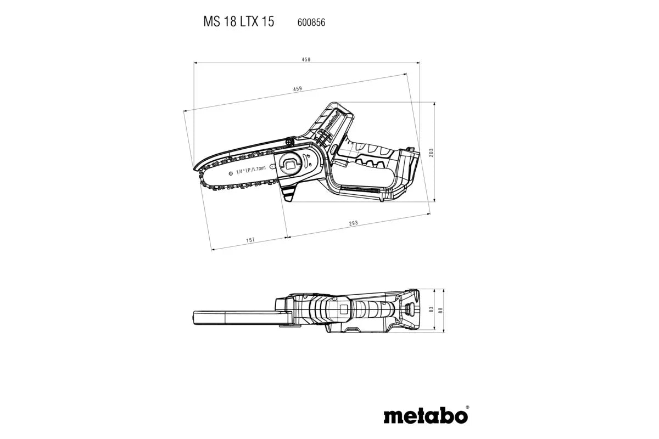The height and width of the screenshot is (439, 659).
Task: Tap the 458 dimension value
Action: [305, 59]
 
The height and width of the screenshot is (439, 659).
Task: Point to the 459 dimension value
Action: [297, 88]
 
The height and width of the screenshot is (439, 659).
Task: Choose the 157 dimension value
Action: [250, 240]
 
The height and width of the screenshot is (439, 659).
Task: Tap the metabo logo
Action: [426, 416]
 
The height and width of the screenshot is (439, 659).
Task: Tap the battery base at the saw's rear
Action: [404, 170]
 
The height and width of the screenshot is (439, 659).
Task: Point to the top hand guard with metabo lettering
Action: [329, 124]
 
